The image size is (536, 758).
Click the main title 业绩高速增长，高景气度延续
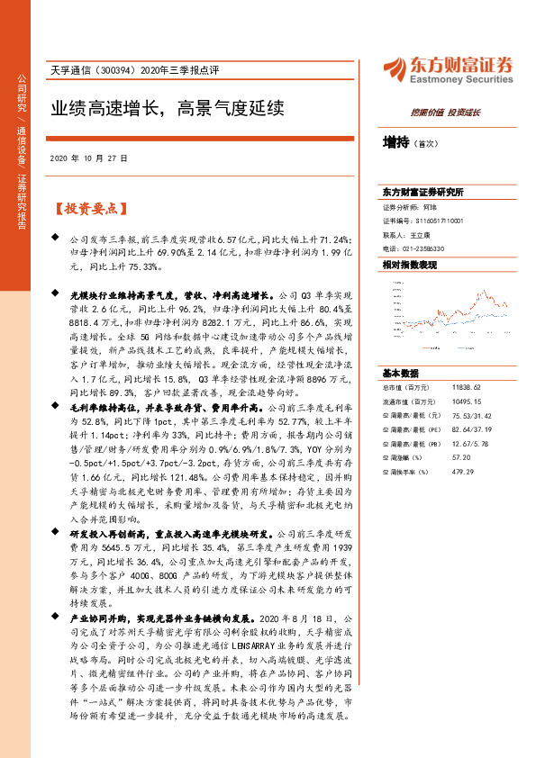(x=167, y=109)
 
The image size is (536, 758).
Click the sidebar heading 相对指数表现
(x=410, y=265)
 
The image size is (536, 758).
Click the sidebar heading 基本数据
(x=401, y=372)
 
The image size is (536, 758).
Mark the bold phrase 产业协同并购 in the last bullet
(x=98, y=620)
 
